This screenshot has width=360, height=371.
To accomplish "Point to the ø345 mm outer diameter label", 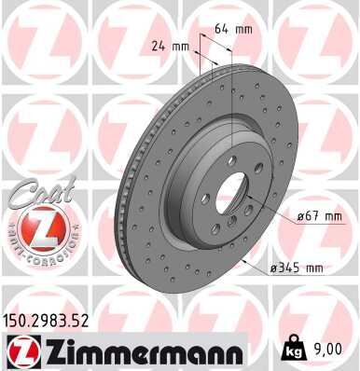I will click(x=296, y=268).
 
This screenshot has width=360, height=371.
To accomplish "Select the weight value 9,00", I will click(x=332, y=350).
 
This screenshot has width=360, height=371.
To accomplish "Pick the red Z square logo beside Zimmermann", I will click(x=20, y=351).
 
